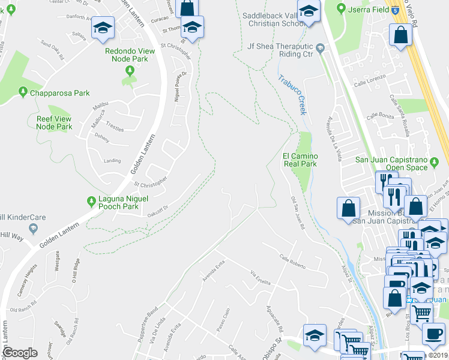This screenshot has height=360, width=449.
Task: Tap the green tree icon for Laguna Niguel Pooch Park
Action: [x=91, y=200]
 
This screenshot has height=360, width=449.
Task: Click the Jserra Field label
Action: [x=367, y=9]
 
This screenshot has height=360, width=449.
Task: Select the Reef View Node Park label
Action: [x=54, y=123]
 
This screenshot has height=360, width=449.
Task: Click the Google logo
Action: [x=20, y=353]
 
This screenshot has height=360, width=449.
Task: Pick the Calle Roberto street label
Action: [x=292, y=262]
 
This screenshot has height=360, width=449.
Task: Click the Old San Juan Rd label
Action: [x=298, y=213]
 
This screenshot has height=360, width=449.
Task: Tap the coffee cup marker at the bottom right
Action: [x=433, y=334]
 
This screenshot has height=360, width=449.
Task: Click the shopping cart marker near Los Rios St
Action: [x=423, y=312]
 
